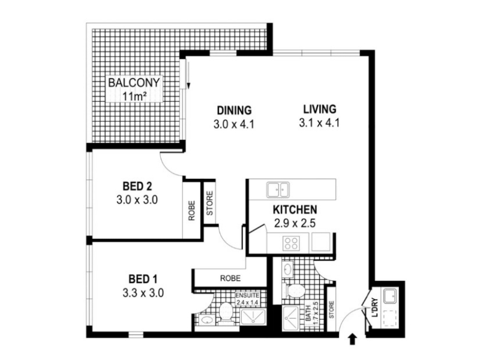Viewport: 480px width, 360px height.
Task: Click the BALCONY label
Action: pos(134,83)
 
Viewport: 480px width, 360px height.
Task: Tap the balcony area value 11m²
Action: pos(134,97)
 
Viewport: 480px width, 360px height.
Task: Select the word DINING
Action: pos(234,110)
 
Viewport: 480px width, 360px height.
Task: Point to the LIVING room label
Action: pos(320,109)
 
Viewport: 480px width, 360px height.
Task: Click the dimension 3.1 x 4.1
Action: pos(319,123)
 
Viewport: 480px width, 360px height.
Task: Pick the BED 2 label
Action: pos(137,186)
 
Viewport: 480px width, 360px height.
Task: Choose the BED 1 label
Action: pos(143,279)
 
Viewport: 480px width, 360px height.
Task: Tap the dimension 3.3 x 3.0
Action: pos(143,293)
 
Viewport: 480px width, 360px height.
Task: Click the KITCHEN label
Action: pos(295,210)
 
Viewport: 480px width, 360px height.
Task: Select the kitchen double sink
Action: pos(278,190)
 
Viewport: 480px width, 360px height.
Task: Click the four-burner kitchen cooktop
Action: pos(291,244)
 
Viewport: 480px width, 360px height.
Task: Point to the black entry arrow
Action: pos(352,340)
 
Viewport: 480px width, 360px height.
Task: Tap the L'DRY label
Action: pos(375,307)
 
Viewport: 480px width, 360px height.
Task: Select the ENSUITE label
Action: pos(247,295)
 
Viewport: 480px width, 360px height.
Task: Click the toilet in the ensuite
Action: pos(227,311)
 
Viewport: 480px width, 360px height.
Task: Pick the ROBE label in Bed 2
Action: pos(191,211)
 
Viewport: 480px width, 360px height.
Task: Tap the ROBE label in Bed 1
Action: pos(230,278)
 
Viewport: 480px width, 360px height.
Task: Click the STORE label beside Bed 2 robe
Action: pos(209,203)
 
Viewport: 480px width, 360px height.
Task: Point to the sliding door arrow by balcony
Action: pos(188,75)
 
